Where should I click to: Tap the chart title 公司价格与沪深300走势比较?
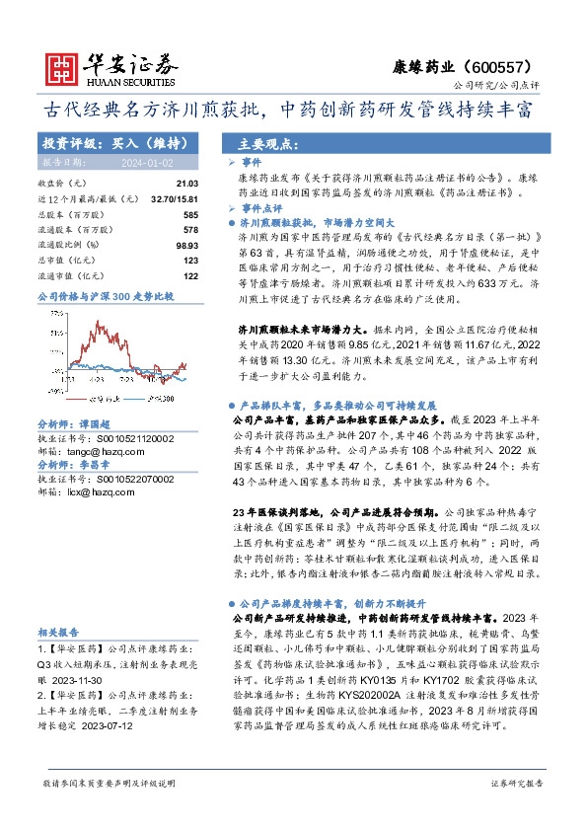(x=105, y=296)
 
